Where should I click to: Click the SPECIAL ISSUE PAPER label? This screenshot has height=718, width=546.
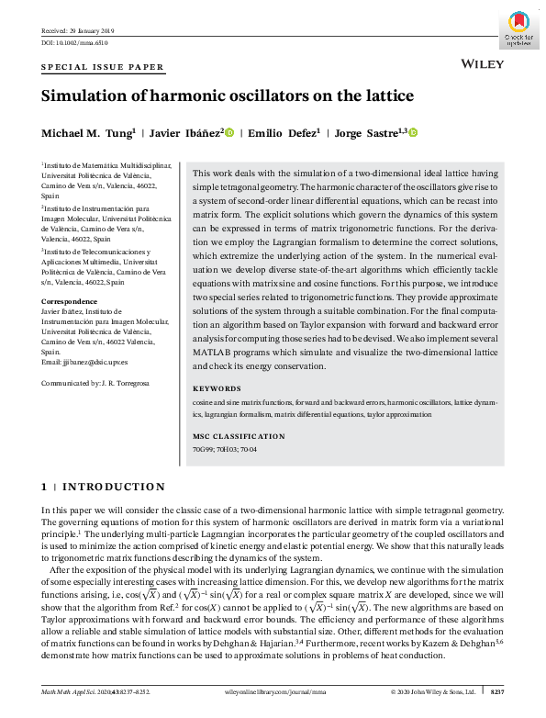coord(103,67)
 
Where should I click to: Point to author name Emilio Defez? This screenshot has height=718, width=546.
coord(287,133)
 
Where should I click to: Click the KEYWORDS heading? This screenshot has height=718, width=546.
coord(217,389)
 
